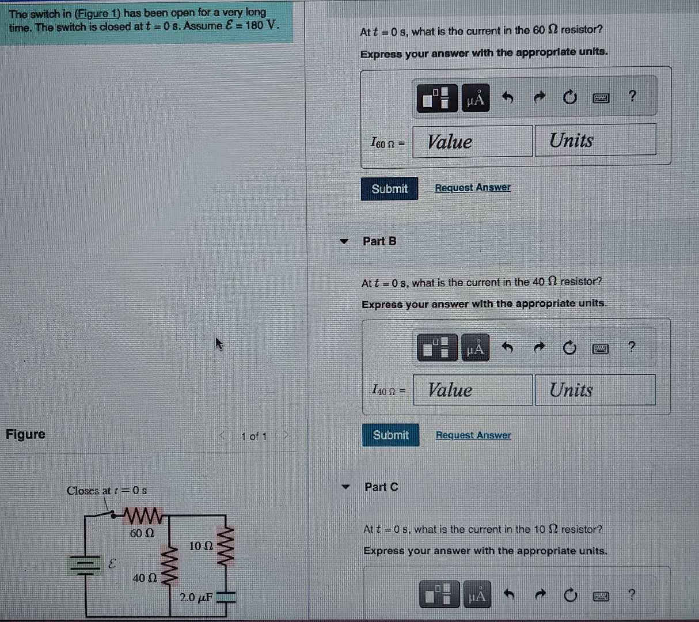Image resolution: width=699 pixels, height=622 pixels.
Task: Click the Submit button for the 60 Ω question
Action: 389,189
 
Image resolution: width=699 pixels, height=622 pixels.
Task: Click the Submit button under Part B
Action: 390,435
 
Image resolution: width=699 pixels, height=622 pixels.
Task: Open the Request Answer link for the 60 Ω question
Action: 472,188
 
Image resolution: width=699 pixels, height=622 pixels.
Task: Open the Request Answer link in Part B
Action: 473,435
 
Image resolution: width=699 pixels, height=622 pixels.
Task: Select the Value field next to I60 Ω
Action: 472,141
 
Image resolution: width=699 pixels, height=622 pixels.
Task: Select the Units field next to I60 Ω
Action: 595,141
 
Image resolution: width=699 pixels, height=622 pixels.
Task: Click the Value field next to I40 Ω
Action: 472,390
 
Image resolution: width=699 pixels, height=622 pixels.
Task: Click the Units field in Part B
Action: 595,390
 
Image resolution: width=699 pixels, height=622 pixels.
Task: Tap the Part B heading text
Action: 379,241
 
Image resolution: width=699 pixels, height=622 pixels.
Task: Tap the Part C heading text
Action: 381,487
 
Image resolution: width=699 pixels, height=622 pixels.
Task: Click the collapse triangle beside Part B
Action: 344,241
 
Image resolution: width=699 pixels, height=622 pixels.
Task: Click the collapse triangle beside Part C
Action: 345,487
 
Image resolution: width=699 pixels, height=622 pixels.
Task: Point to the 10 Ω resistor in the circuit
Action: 225,545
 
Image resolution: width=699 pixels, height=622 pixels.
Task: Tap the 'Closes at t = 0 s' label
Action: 107,491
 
